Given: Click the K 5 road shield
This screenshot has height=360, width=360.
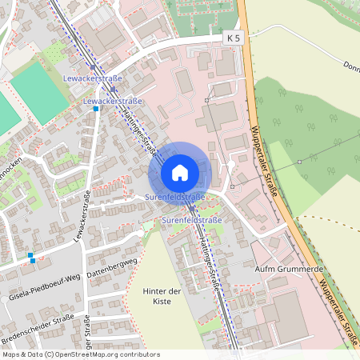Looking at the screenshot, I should [x=232, y=38].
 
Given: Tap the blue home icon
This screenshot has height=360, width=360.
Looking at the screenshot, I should [x=180, y=173].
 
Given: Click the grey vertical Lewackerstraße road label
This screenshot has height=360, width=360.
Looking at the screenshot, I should [x=82, y=216].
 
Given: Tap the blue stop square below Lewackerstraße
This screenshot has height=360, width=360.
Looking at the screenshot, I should [x=96, y=110].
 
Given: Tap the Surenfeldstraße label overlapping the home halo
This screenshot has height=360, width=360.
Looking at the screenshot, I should [x=175, y=197].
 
